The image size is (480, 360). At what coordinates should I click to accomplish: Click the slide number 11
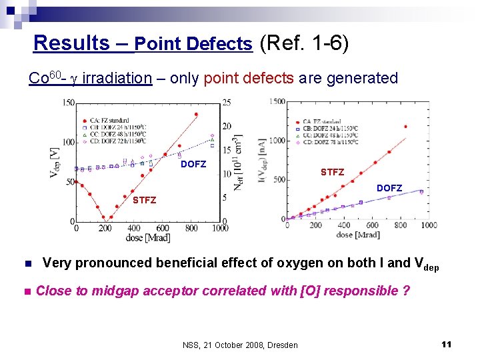[447, 344]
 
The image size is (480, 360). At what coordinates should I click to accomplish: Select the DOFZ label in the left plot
[193, 164]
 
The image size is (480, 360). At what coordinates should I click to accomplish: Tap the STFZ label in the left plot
[144, 200]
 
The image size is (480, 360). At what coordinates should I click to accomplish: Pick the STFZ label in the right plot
[332, 172]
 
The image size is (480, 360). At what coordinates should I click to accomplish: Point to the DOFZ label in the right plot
[389, 188]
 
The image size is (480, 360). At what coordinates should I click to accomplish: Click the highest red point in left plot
[196, 114]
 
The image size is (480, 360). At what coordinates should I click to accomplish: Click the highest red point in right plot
[405, 127]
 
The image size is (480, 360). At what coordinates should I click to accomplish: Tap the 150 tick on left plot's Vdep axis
[67, 103]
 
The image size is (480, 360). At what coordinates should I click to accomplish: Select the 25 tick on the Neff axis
[228, 103]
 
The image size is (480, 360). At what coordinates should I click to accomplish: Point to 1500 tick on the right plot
[276, 102]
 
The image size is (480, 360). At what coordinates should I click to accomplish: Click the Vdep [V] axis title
[53, 162]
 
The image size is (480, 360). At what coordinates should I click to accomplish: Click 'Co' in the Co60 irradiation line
[37, 79]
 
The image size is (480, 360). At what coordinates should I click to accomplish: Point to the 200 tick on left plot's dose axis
[105, 229]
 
